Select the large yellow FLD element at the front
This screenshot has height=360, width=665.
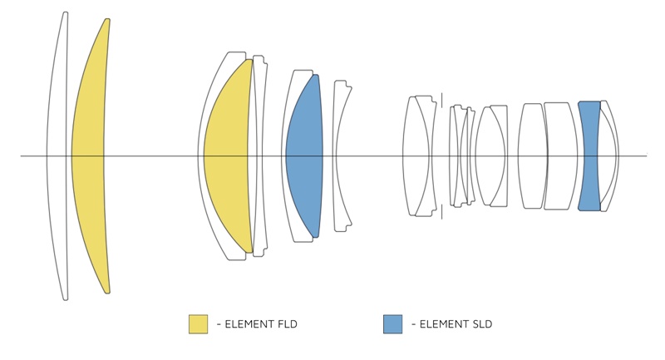tap(88, 156)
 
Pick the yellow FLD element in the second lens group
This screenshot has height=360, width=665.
tap(227, 156)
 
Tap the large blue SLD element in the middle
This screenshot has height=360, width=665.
tap(304, 156)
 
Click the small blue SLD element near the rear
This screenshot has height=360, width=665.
tap(589, 156)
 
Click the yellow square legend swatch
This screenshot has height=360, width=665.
tap(198, 324)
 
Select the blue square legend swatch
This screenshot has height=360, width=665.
tap(392, 324)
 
